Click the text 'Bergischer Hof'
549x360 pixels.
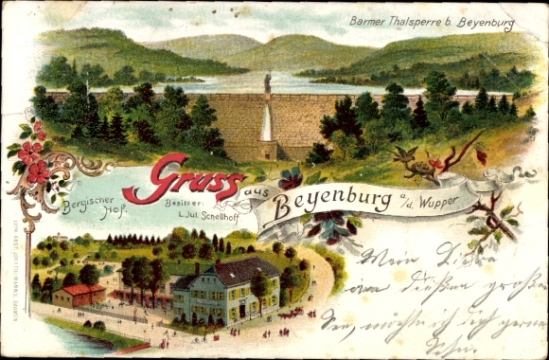click(x=93, y=207)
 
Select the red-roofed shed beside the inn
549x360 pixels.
click(x=80, y=295)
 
